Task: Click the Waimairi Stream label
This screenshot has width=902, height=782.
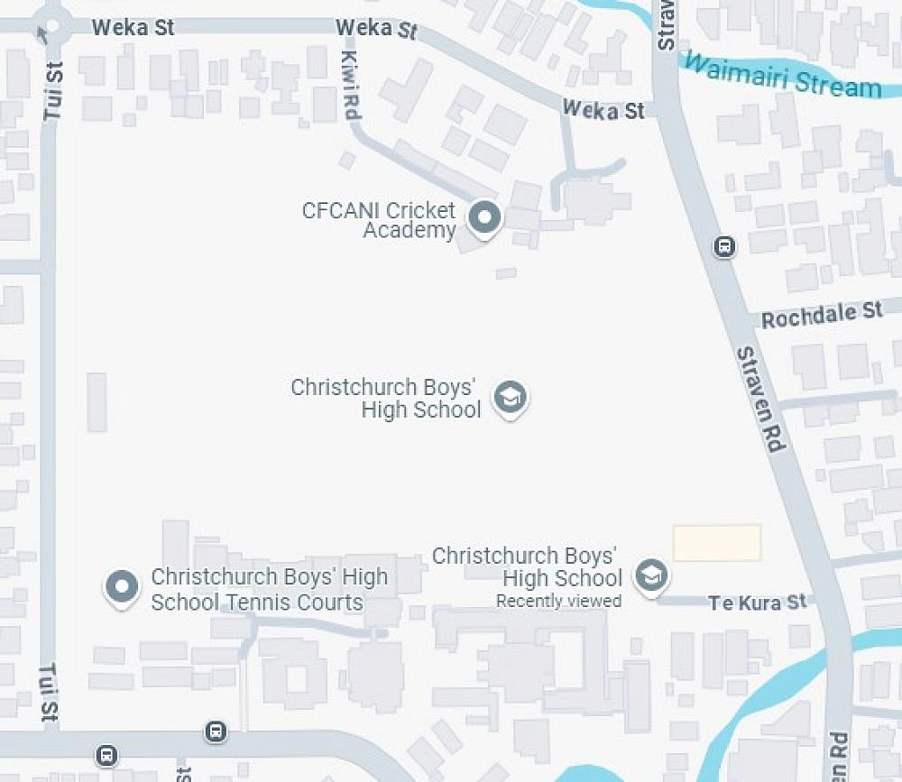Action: coord(781,75)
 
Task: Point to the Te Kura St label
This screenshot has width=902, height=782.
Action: coord(757,603)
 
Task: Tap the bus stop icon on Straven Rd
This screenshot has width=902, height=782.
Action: coord(724,246)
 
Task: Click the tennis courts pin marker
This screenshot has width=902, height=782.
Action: coord(122,587)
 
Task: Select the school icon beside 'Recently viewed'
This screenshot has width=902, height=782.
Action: coord(651,575)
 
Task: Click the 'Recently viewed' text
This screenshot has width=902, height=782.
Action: coord(558,601)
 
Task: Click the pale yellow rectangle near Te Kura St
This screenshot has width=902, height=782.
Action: coord(717,543)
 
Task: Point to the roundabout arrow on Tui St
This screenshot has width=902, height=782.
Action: coord(43,36)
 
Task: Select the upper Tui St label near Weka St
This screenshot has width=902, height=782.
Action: coord(53,91)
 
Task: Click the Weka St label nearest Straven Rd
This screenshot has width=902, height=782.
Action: coord(603,110)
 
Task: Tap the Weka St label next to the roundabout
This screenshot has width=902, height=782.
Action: coord(133,27)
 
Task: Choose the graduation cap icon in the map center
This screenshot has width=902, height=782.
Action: coord(510,398)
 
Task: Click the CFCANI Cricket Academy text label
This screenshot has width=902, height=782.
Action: coord(379,220)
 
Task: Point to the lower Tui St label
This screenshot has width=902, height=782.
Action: coord(48,692)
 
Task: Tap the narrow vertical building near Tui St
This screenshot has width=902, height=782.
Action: coord(97,402)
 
